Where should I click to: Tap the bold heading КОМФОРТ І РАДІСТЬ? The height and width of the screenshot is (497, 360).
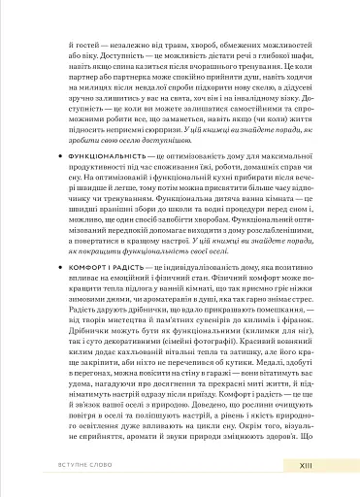pos(97,263)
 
